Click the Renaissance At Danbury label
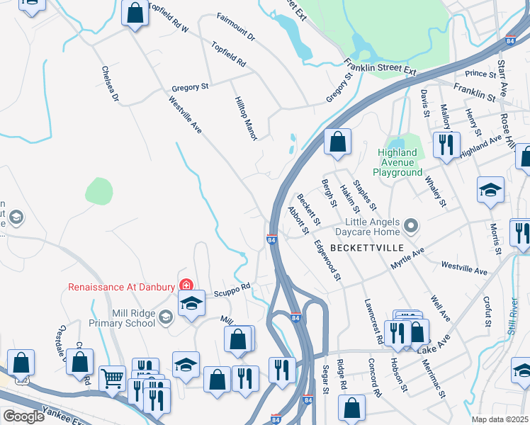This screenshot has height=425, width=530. coord(121,287)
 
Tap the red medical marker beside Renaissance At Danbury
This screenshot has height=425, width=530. coord(186,285)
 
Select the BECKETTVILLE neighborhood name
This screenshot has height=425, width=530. coord(362,247)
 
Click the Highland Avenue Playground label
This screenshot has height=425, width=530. coord(397,162)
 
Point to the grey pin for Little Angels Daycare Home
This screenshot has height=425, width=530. coord(410,227)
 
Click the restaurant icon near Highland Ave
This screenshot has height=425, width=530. coord(446,145)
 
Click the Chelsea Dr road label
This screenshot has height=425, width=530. coord(110,84)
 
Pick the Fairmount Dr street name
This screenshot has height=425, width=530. coord(236,26)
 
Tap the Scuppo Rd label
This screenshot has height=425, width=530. coord(233,288)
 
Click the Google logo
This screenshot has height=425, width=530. coord(23,416)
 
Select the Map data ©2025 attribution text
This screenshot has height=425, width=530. coord(500,419)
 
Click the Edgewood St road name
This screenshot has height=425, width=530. coord(328,259)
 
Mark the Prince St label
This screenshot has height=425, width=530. coord(480,74)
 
